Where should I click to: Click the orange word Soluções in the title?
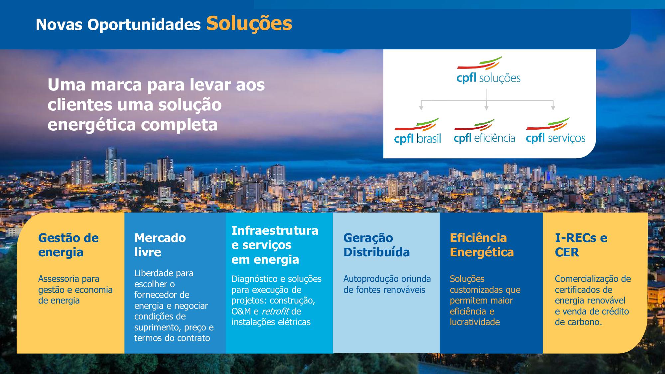click(249, 24)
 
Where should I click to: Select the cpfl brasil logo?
click(417, 131)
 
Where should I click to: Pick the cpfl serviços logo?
click(555, 131)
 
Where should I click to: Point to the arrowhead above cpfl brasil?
click(421, 108)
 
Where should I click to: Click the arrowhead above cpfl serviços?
click(553, 108)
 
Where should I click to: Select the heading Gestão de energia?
click(68, 245)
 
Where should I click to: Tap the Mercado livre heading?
click(160, 245)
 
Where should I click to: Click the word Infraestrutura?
click(275, 230)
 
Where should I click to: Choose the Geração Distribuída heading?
click(376, 245)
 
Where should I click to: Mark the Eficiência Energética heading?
click(482, 245)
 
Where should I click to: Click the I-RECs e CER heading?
click(581, 245)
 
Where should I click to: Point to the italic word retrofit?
click(275, 311)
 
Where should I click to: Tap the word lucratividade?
click(475, 322)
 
